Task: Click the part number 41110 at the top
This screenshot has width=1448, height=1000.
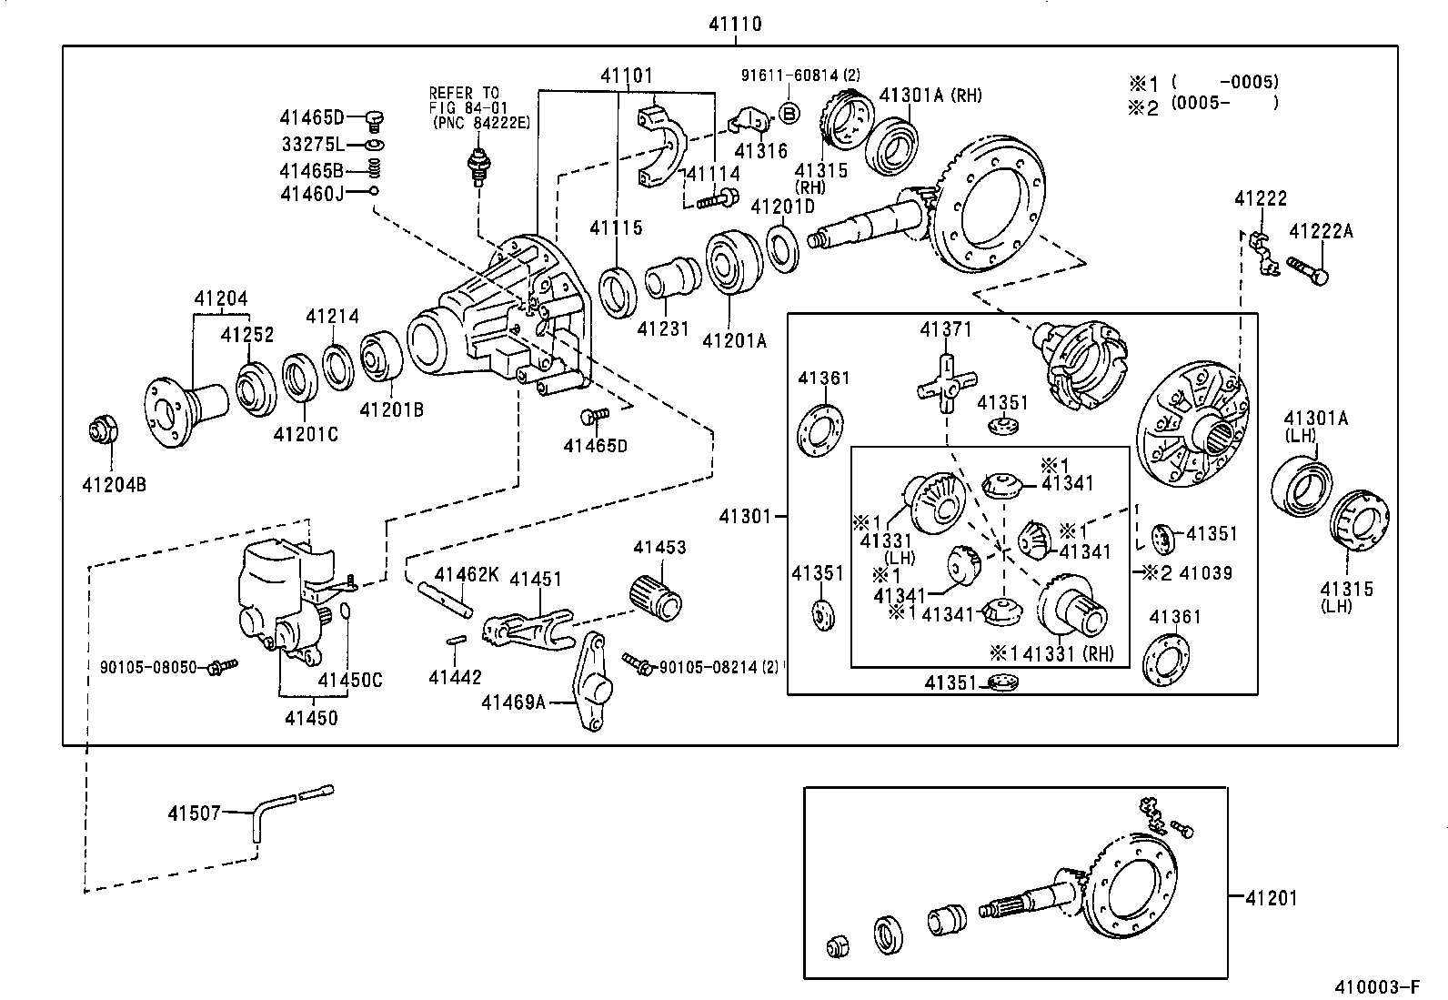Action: pos(735,25)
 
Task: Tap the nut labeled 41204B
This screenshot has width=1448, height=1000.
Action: pos(102,429)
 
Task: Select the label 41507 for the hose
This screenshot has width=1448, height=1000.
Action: pos(193,813)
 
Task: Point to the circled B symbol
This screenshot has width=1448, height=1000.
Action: pos(789,113)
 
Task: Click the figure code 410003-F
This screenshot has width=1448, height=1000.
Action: pos(1376,987)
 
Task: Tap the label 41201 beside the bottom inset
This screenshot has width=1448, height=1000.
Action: pos(1271,898)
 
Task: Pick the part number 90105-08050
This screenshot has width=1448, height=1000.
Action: pos(148,667)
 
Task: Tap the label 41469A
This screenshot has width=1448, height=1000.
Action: pos(512,702)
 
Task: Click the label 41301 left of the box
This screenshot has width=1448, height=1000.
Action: pos(744,516)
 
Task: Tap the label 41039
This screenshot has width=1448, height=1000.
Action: pos(1205,572)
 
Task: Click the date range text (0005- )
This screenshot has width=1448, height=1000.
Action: pos(1224,103)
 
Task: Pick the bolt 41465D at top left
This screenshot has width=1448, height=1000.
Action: pos(375,119)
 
